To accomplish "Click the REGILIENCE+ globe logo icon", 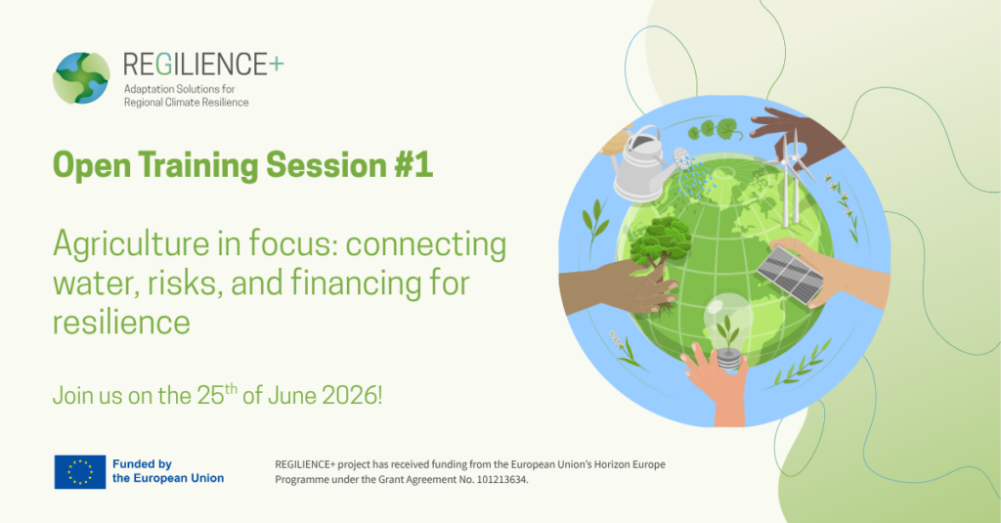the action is pyautogui.click(x=81, y=78).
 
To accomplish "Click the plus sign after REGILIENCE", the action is pyautogui.click(x=276, y=64).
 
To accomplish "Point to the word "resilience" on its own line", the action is pyautogui.click(x=121, y=322).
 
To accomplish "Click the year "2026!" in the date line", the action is pyautogui.click(x=352, y=395).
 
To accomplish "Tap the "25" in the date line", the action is pyautogui.click(x=210, y=395).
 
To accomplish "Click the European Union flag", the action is pyautogui.click(x=80, y=472).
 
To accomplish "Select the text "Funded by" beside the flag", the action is pyautogui.click(x=142, y=464).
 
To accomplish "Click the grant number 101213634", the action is pyautogui.click(x=501, y=480).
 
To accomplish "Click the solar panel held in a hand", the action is pyautogui.click(x=789, y=274).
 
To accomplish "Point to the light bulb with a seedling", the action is pyautogui.click(x=727, y=328).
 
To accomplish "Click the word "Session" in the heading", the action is pyautogui.click(x=326, y=165).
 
